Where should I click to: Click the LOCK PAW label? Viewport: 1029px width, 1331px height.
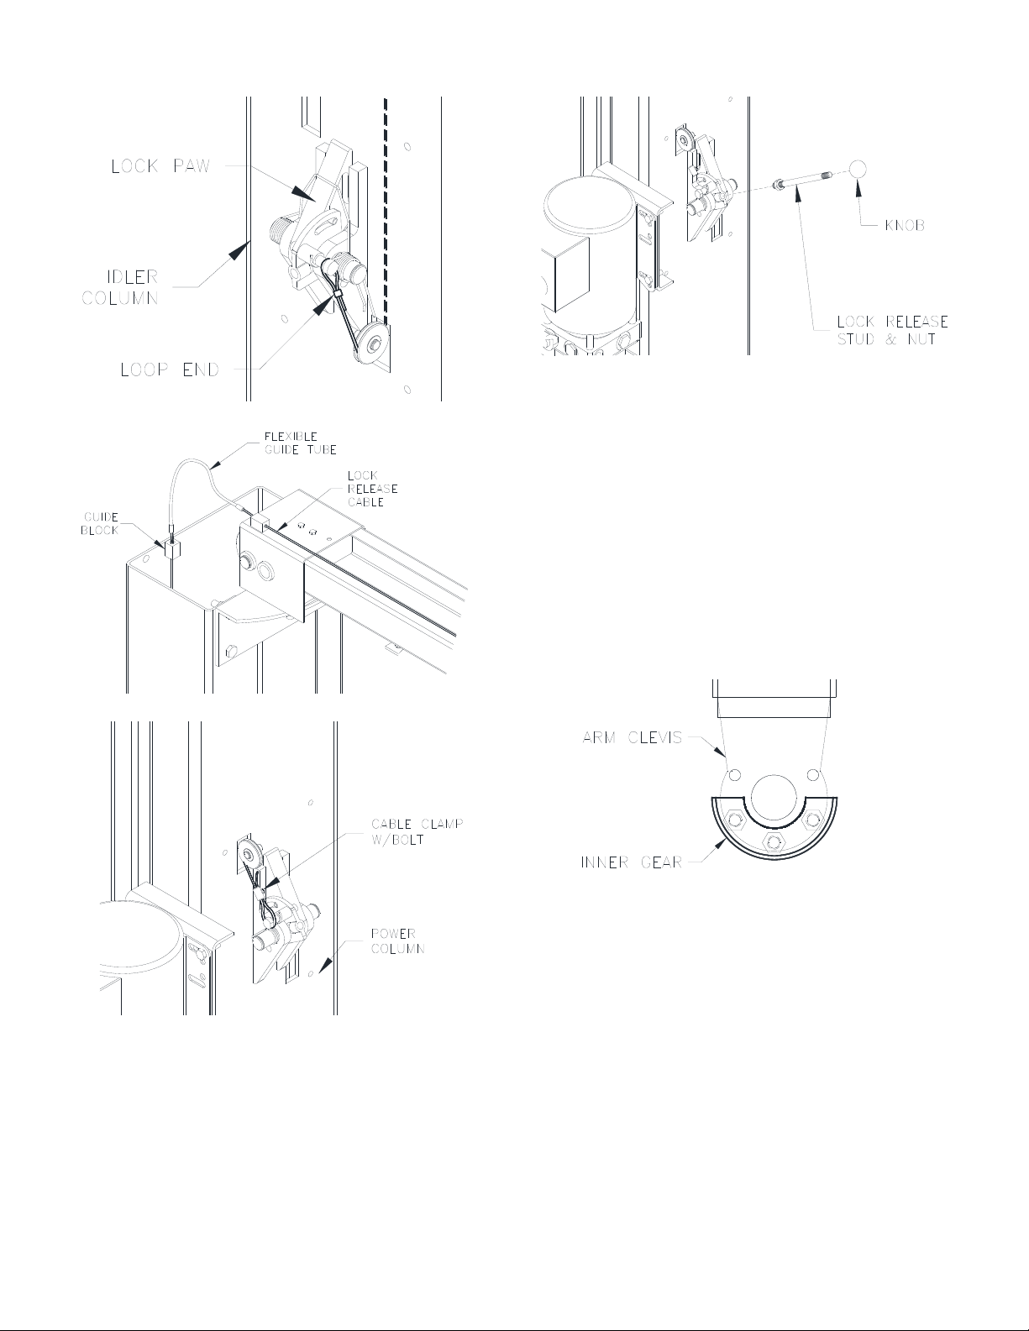tap(160, 166)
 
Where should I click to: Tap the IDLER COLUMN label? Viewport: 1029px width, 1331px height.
tap(121, 287)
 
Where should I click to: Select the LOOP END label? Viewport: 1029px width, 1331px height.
tap(170, 369)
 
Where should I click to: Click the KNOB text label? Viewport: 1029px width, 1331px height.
tap(905, 225)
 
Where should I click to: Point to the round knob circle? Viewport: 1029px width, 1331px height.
tap(858, 169)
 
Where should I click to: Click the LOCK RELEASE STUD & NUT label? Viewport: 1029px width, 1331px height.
tap(892, 330)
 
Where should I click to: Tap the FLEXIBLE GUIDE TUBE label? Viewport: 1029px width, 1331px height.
tap(300, 443)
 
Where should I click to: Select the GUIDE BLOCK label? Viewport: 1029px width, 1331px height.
tap(100, 524)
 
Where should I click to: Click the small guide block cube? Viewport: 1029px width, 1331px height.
tap(171, 548)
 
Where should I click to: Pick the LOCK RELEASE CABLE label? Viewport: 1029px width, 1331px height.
tap(372, 489)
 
